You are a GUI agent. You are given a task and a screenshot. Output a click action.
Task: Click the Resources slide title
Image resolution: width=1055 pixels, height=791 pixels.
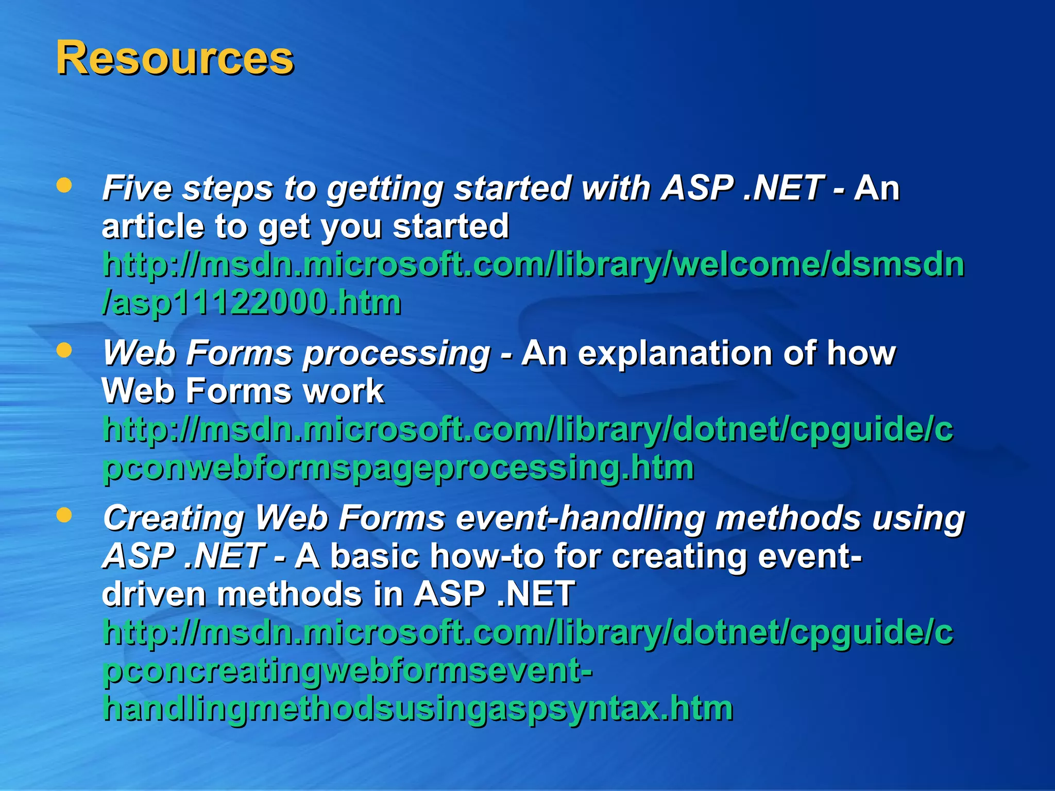(175, 58)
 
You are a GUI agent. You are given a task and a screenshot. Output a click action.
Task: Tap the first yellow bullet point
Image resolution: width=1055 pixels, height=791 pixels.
(64, 185)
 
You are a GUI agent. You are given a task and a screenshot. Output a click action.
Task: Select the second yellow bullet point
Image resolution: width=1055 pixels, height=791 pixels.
(64, 351)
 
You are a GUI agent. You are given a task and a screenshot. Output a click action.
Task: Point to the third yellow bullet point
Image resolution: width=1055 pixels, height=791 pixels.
(64, 515)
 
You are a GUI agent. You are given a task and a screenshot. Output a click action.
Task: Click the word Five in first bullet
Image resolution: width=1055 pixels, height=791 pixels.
(137, 188)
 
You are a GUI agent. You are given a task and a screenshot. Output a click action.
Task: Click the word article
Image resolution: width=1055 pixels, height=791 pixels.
(152, 227)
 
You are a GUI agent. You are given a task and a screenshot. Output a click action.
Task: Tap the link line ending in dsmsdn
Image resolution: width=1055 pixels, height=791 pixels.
(533, 265)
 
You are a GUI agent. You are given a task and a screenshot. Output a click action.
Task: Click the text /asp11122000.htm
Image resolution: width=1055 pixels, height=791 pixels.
(251, 303)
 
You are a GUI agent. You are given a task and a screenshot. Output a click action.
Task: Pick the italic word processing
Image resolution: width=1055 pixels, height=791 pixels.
(397, 354)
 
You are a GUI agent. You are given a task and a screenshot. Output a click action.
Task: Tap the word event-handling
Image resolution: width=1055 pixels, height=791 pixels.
(581, 518)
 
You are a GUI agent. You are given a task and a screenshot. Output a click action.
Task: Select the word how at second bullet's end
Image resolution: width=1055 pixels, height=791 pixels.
(861, 354)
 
